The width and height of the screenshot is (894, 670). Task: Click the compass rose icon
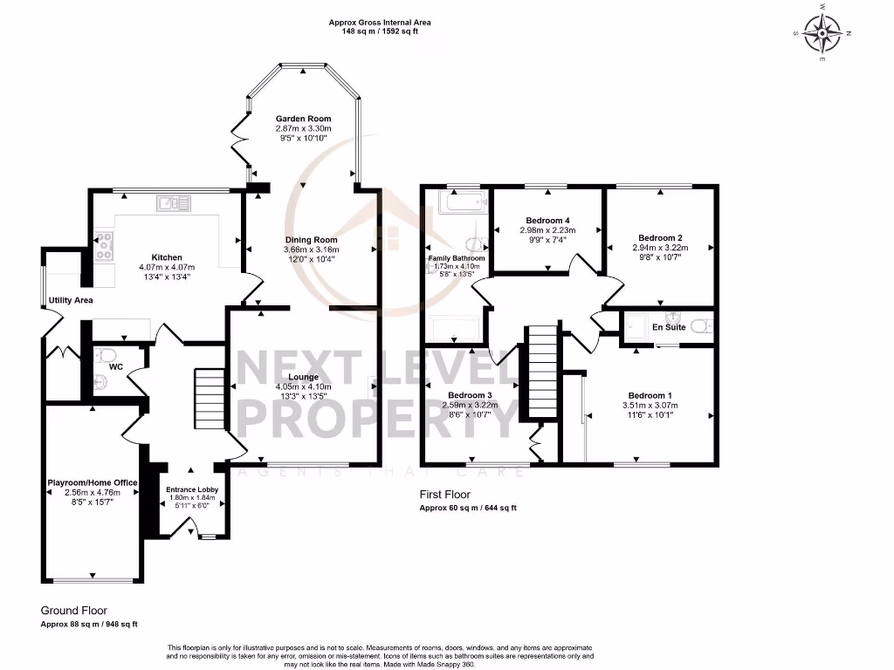(x=822, y=34)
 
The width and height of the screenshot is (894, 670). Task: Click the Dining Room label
(x=311, y=240)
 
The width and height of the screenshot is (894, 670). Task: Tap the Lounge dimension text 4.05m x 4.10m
(x=303, y=387)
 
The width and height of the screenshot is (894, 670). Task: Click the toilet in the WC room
(x=105, y=356)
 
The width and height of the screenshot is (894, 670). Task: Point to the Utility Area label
(x=71, y=300)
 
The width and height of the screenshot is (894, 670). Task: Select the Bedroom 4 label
(x=548, y=220)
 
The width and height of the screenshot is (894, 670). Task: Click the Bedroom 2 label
(x=660, y=237)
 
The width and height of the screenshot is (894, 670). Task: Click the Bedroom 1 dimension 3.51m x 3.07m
(x=650, y=406)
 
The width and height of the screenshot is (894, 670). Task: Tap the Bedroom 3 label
(x=471, y=395)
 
